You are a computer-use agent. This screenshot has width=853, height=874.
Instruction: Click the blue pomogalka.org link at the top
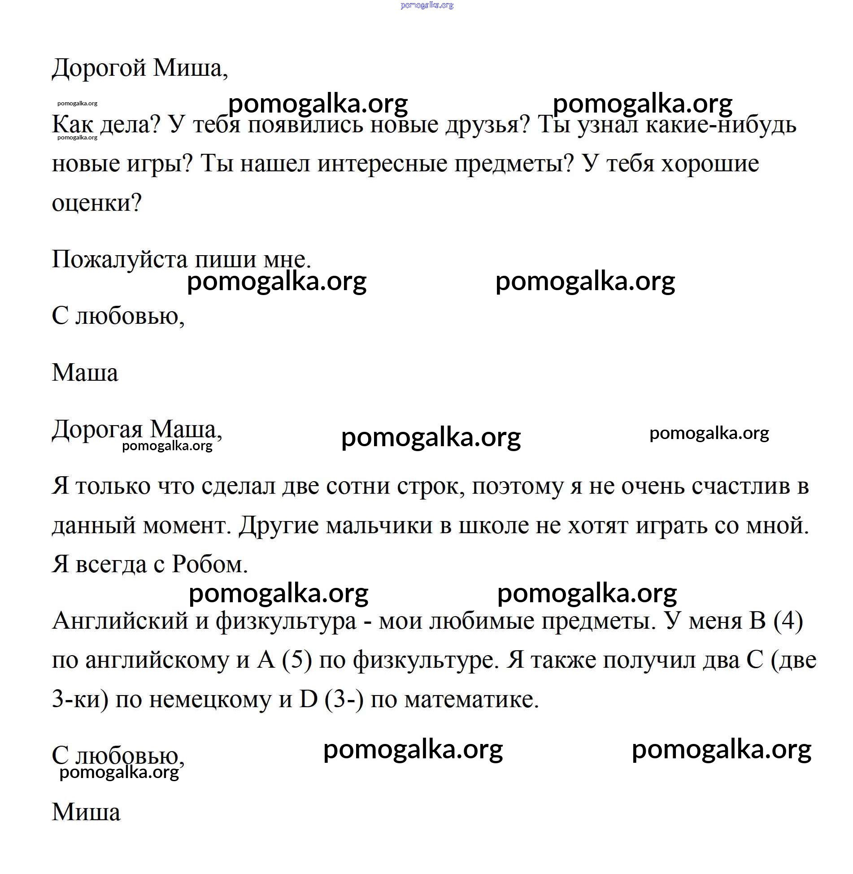point(426,5)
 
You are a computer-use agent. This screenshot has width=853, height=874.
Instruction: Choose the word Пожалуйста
point(119,259)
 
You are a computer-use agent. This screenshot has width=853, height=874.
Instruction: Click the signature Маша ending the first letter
point(85,373)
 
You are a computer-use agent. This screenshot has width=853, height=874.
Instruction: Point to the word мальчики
point(379,525)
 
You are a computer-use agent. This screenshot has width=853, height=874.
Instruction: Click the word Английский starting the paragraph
point(120,621)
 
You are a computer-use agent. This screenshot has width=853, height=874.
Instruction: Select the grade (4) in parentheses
point(788,621)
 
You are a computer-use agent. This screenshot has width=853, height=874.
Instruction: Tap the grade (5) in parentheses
point(296,660)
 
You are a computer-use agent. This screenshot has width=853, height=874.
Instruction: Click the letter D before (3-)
point(308,699)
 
